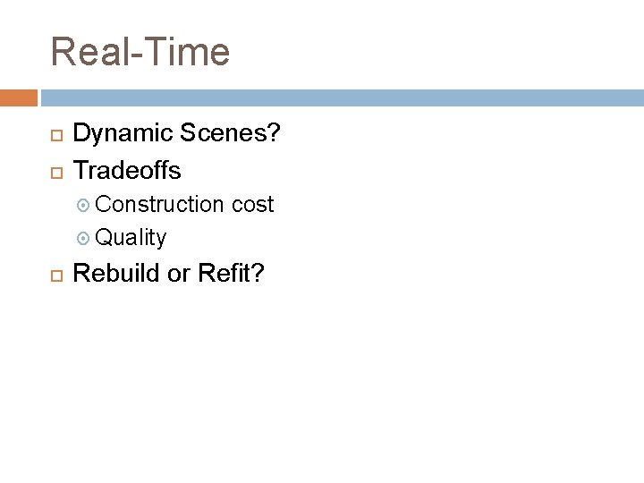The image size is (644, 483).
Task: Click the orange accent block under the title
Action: (x=19, y=97)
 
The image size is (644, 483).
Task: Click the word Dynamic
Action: (x=124, y=134)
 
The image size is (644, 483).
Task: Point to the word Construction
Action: (x=159, y=205)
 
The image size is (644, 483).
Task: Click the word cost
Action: (x=252, y=205)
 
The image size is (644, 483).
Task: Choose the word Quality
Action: (x=131, y=238)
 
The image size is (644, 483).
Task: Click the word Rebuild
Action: (x=117, y=273)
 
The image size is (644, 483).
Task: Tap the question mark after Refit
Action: (x=258, y=273)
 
